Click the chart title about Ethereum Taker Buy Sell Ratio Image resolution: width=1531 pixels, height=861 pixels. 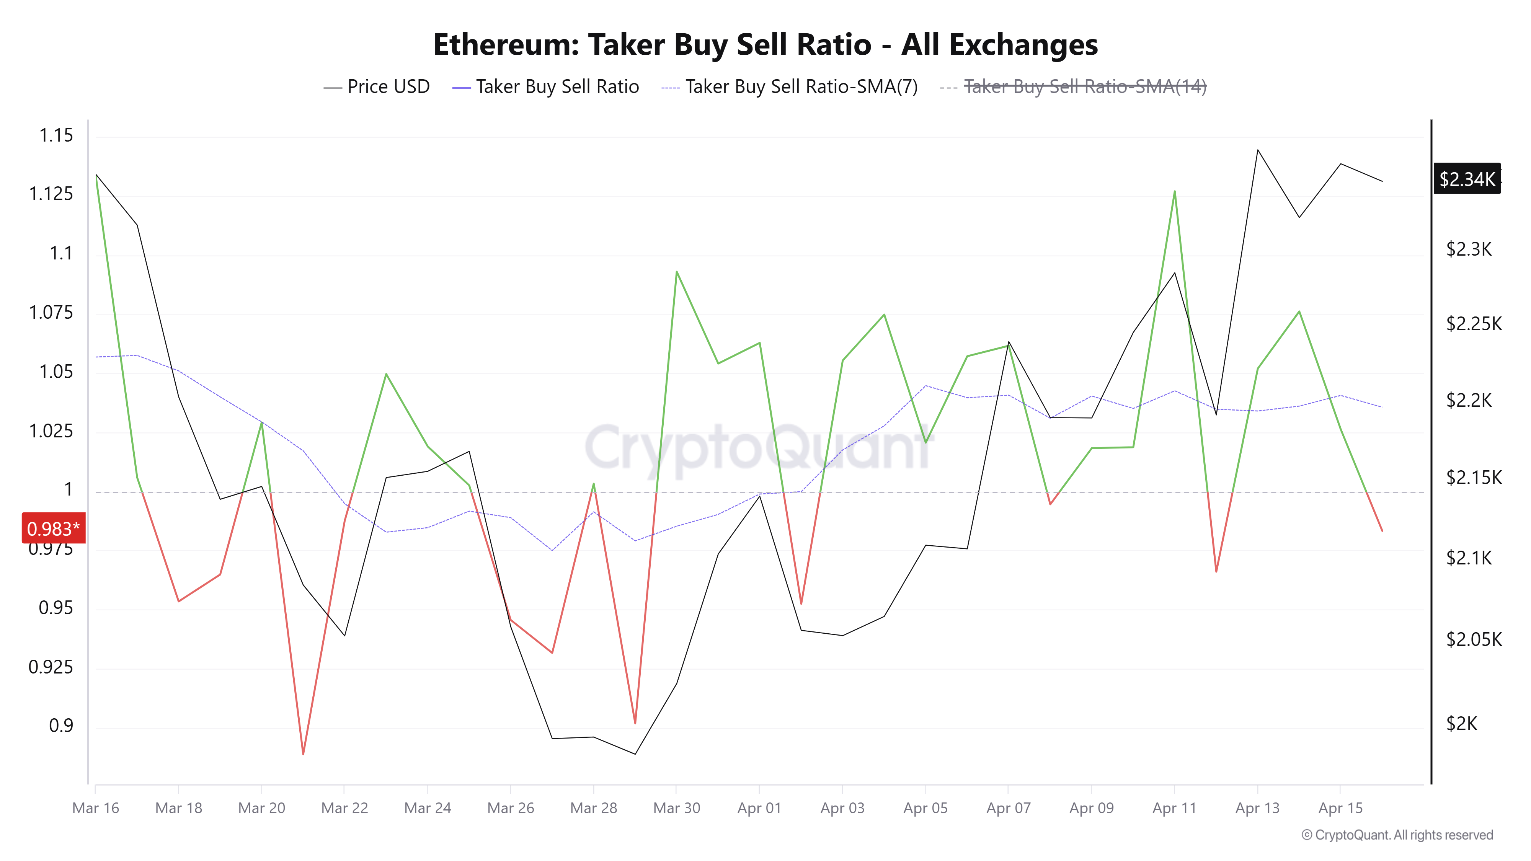tap(765, 44)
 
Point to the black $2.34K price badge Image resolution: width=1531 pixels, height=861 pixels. tap(1467, 179)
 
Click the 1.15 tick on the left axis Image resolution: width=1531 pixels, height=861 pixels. tap(56, 135)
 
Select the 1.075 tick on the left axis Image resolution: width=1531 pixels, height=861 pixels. tap(51, 313)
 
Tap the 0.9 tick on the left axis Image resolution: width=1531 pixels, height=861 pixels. tap(60, 726)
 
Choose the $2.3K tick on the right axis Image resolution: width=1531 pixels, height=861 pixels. tap(1469, 249)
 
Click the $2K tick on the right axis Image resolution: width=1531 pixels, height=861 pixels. tap(1461, 724)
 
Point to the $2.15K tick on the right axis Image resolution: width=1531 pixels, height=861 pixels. tap(1473, 478)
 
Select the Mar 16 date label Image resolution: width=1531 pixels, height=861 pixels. tap(96, 808)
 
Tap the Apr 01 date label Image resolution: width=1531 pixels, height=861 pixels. tap(759, 808)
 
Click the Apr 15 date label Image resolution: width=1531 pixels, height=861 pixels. tap(1340, 808)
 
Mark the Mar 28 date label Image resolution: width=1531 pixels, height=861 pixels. tap(593, 808)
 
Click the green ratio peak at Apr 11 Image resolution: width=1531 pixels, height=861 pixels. tap(1174, 191)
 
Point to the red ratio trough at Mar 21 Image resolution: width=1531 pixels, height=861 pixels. tap(303, 754)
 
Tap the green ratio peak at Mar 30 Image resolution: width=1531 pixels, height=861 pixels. tap(676, 272)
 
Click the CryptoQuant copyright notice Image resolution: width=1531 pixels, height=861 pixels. tap(1397, 835)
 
